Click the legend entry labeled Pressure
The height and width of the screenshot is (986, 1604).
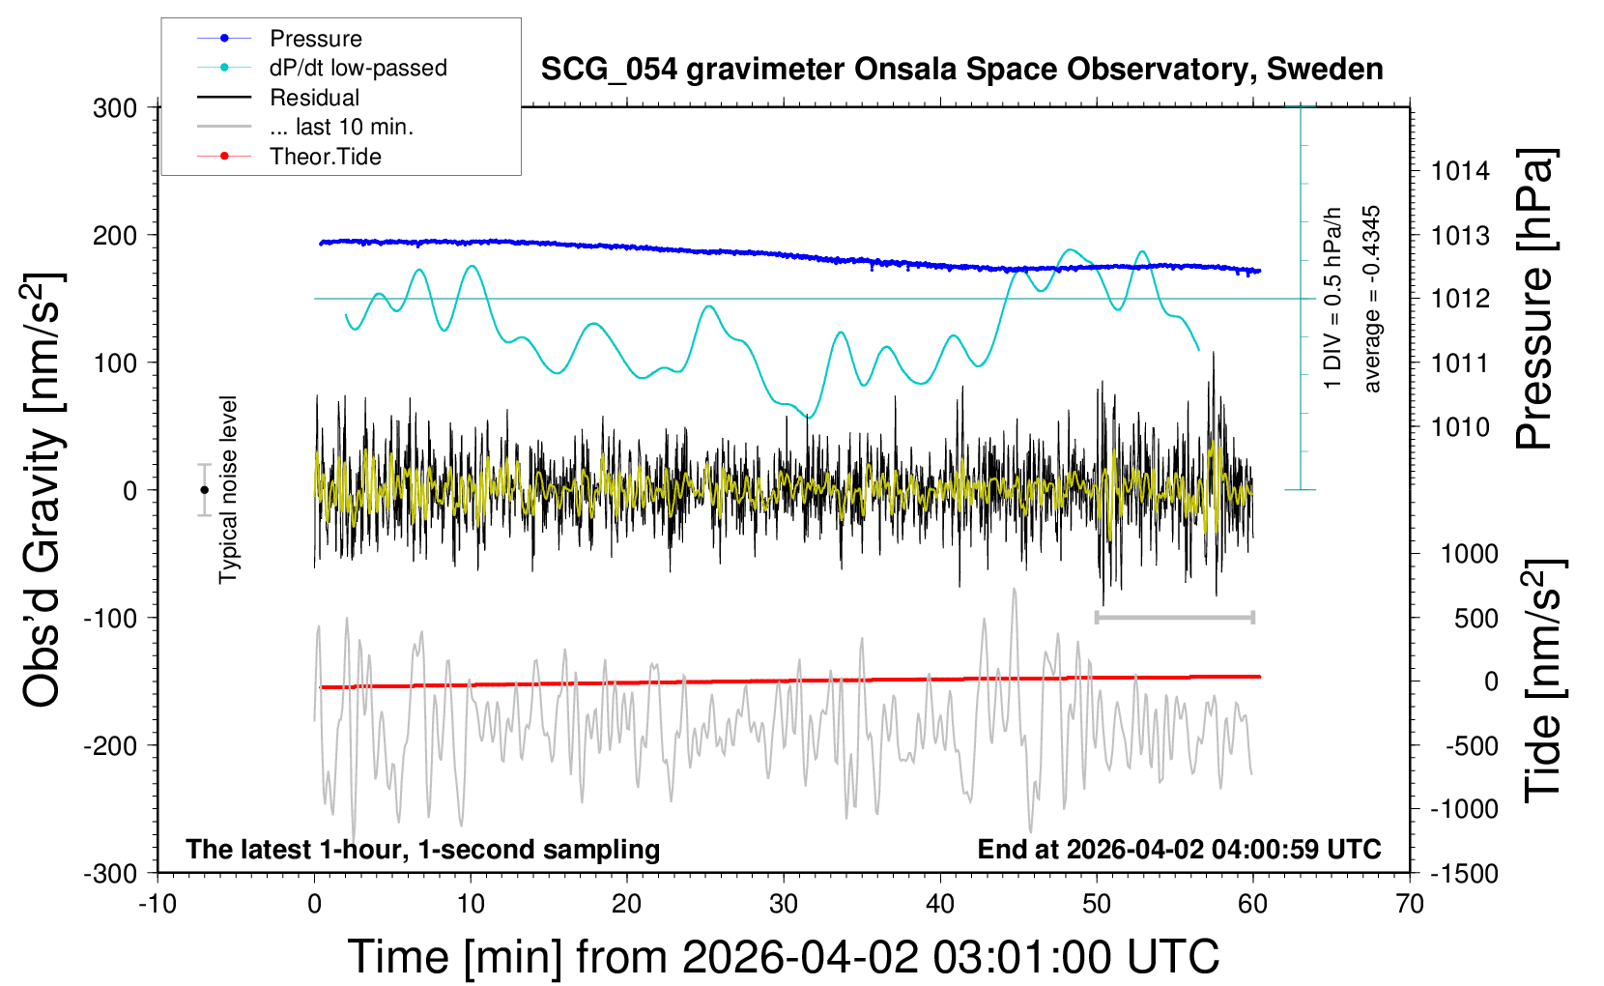click(315, 39)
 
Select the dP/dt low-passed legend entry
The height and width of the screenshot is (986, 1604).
click(358, 68)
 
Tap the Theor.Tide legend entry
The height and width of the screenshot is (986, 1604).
click(325, 157)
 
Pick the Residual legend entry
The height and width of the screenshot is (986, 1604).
click(314, 98)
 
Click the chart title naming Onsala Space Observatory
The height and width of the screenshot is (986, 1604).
click(961, 70)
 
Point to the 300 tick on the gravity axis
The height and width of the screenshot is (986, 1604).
click(115, 108)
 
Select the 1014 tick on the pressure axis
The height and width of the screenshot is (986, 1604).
click(1460, 172)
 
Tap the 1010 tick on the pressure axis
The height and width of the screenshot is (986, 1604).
click(1460, 427)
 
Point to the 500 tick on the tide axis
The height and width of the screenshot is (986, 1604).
click(1475, 619)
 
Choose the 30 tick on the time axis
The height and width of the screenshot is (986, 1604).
click(784, 905)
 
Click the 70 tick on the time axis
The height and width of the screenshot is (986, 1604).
click(1410, 905)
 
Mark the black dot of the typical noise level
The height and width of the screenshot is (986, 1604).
click(204, 490)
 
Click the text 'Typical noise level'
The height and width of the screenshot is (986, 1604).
click(228, 489)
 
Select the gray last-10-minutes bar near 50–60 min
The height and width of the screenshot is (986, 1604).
click(1174, 617)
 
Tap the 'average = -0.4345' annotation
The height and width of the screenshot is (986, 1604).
click(1371, 299)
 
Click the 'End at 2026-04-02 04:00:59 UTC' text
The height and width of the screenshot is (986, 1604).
click(1179, 850)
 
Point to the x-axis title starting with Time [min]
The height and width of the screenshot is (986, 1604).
click(784, 957)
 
